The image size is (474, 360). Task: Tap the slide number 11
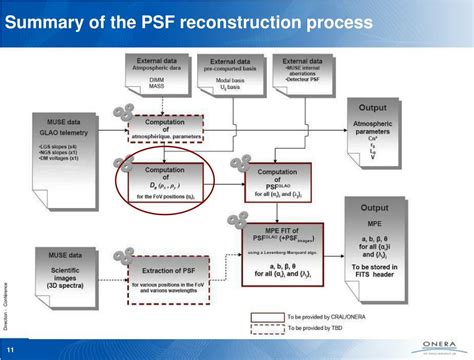tap(11, 350)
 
